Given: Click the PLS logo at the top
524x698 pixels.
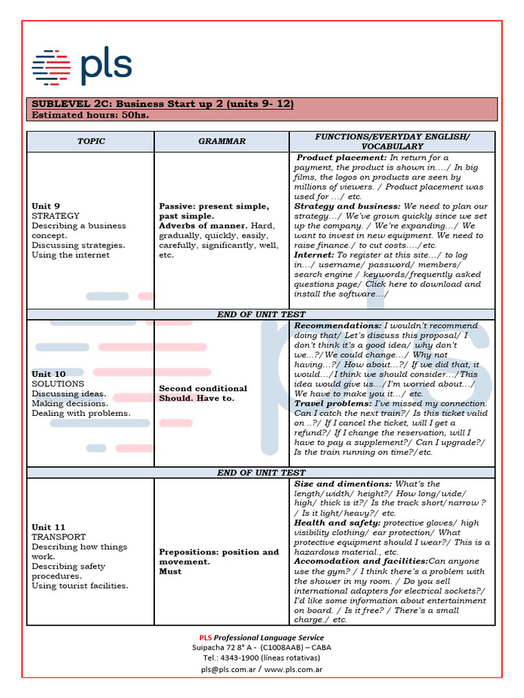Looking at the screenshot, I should [82, 66].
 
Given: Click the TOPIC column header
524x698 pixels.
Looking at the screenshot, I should [91, 141].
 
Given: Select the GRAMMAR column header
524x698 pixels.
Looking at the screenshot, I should [222, 141].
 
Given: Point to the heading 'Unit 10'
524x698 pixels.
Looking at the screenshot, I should [48, 374].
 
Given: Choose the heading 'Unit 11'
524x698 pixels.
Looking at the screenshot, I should [48, 527].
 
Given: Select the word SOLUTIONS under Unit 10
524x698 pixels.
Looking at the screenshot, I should [58, 384].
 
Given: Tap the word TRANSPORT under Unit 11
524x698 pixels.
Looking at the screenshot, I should [59, 536].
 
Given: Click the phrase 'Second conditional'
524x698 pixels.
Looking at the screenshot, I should [203, 389].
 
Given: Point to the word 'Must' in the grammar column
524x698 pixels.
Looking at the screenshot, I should [170, 571].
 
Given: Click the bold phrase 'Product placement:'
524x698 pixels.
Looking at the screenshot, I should [342, 157].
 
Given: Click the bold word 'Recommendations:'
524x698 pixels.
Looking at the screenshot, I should [338, 326].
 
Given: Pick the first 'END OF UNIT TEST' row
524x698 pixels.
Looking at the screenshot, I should [261, 314].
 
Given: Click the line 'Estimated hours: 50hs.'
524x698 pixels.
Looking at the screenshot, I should [90, 115].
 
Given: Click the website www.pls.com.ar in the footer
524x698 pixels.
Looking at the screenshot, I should [293, 670].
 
